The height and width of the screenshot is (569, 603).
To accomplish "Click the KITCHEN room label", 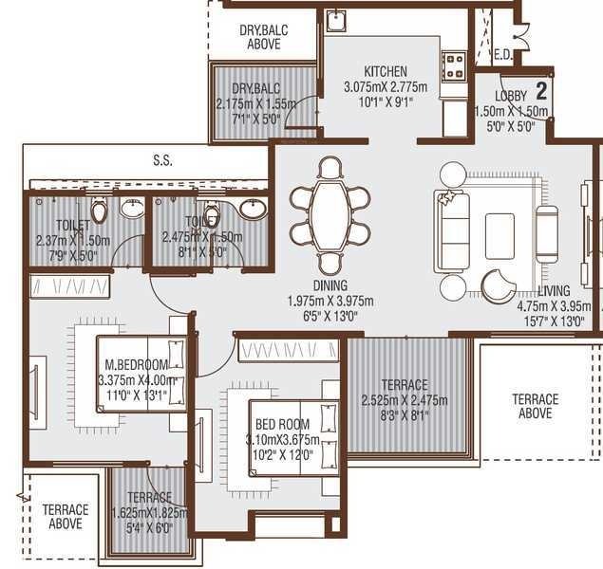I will [386, 71].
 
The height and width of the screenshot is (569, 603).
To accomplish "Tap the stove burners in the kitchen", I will [455, 65].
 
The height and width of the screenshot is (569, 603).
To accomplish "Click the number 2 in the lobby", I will [541, 92].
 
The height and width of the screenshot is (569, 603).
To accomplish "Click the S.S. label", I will [162, 161].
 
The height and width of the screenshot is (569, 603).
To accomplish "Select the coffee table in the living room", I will [499, 236].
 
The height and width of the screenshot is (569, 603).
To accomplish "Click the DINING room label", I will [329, 285].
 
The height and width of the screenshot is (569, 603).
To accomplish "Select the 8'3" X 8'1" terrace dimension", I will [405, 414].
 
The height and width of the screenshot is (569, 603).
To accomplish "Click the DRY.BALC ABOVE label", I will [263, 37].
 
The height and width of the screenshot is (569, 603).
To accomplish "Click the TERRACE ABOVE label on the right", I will [535, 406].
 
